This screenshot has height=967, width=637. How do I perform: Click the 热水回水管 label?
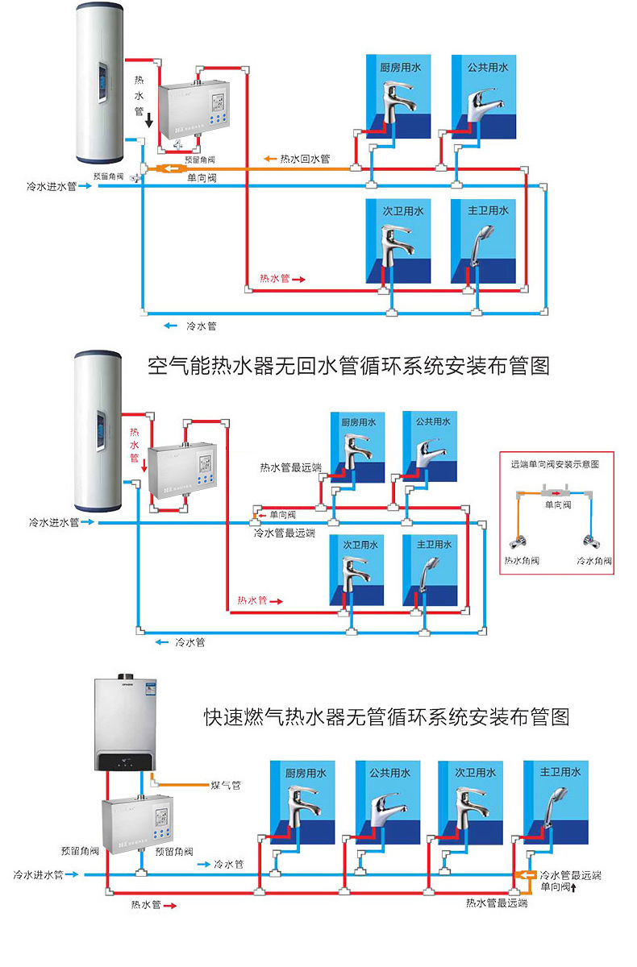coord(306,158)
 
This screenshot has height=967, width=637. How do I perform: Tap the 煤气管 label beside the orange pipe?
coord(225,784)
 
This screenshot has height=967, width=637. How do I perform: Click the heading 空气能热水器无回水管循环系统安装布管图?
coord(348,367)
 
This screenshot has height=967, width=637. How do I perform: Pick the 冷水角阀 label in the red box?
coord(594,560)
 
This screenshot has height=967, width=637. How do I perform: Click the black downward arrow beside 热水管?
coord(149,120)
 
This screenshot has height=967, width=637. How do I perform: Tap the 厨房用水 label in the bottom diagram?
coord(306,772)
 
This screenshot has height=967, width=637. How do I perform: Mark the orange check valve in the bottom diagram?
coord(525,876)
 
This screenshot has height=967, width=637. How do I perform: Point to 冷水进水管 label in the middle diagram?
coord(53,522)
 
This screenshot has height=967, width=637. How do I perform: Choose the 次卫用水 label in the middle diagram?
coord(360,545)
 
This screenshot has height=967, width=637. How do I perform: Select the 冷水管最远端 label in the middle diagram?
coord(284,533)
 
